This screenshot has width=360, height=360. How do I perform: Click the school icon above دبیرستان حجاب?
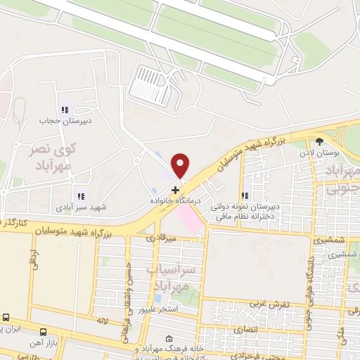(x=65, y=110)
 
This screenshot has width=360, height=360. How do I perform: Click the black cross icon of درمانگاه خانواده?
(x=175, y=189)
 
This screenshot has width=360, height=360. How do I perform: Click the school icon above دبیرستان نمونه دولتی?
(x=245, y=196)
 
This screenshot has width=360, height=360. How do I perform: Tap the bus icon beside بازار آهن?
(x=44, y=332)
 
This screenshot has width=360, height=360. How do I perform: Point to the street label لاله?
(x=103, y=321)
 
